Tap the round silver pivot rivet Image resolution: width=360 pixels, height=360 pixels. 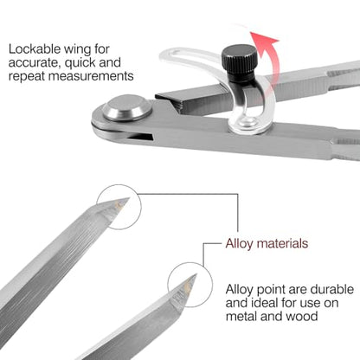[127, 107]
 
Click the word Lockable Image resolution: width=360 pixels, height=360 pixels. [35, 48]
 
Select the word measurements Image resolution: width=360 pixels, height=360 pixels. [91, 76]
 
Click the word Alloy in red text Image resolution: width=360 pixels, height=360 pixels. [239, 244]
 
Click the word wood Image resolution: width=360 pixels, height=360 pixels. [302, 316]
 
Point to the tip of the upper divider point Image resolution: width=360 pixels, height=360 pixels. [129, 198]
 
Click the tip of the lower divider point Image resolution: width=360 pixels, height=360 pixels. [196, 274]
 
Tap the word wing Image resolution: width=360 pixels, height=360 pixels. [77, 50]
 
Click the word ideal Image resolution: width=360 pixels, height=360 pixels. [266, 303]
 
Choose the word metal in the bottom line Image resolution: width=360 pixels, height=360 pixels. [241, 316]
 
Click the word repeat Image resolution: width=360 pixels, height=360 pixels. [26, 77]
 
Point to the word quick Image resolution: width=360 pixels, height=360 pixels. [80, 63]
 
